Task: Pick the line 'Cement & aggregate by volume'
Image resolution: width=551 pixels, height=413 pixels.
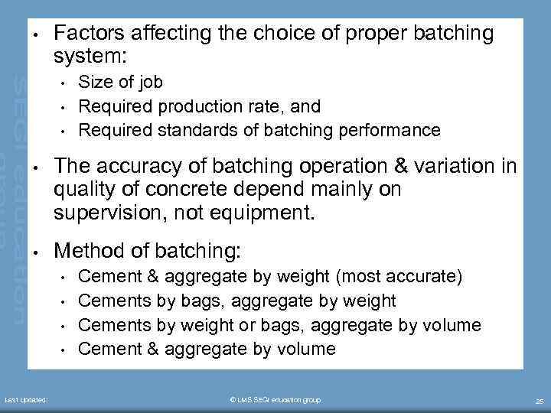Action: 207,349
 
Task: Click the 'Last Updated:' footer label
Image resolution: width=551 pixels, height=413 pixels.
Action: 25,400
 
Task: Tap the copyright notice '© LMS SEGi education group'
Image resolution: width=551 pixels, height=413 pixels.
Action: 275,400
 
